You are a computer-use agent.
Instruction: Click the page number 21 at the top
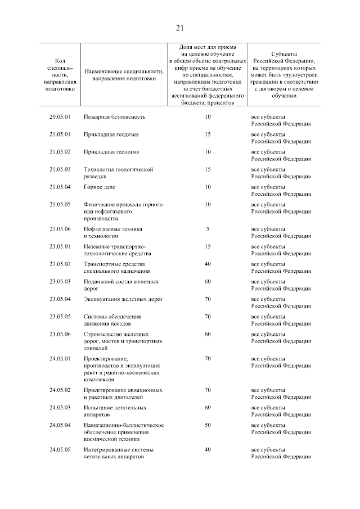pos(179,28)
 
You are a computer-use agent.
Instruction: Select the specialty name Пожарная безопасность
pos(115,117)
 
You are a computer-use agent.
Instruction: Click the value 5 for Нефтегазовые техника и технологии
pos(208,229)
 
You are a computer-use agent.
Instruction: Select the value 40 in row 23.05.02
pos(208,264)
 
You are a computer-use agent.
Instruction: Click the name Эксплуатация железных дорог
pos(123,299)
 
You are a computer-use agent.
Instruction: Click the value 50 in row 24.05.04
pos(208,425)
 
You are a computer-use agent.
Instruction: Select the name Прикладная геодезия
pos(111,134)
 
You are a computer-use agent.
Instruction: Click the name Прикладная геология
pos(111,152)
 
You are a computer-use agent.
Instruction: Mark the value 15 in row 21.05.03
pos(208,169)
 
